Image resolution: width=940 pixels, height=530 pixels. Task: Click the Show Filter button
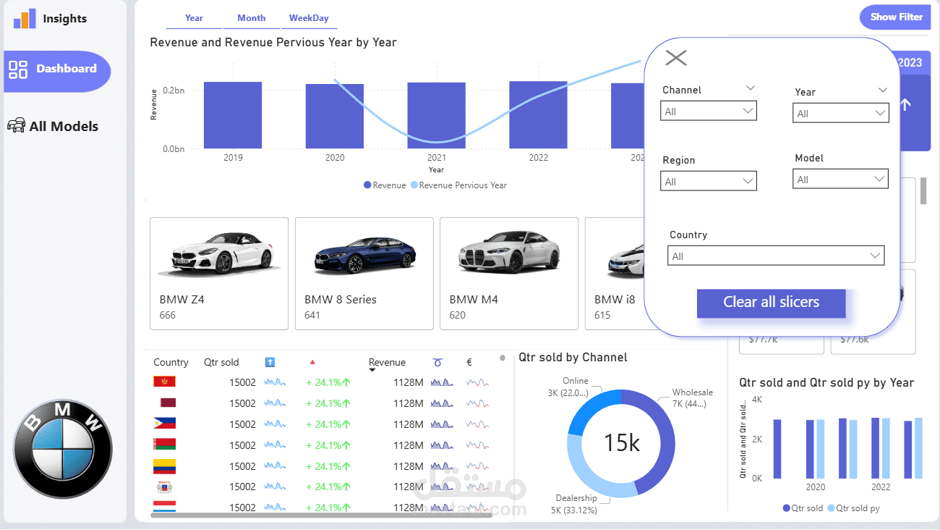point(896,17)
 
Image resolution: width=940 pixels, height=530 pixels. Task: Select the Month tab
point(251,18)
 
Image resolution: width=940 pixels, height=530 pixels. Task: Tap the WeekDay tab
point(309,18)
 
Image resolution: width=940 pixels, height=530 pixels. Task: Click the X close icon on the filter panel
point(675,58)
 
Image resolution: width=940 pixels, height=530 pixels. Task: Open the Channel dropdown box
point(709,112)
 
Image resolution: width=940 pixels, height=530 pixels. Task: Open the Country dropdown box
point(776,256)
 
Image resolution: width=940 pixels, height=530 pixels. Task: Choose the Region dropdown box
point(709,181)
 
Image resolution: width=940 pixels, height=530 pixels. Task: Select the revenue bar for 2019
point(233,115)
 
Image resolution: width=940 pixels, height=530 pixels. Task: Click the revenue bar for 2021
point(436,115)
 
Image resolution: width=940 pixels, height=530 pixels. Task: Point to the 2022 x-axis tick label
point(538,158)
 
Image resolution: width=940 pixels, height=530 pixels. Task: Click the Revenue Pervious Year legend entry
point(462,185)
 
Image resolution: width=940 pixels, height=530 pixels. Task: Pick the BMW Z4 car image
point(219,253)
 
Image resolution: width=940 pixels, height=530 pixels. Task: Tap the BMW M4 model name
point(474,299)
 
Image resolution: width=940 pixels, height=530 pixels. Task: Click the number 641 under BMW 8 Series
point(312,315)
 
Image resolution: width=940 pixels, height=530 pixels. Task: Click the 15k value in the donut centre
point(622,442)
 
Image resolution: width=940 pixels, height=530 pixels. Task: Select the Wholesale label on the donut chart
point(692,392)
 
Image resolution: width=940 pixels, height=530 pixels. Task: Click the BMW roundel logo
point(63,448)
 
